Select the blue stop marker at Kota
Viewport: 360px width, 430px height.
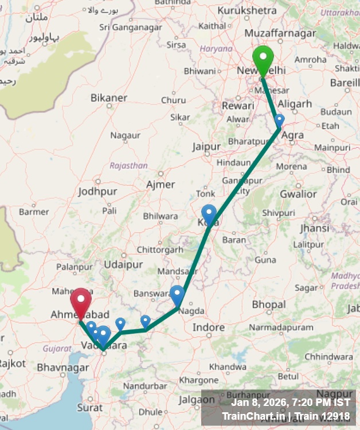pyautogui.click(x=209, y=213)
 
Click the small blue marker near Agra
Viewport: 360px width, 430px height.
pyautogui.click(x=279, y=120)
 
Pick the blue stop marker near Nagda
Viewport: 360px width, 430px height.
pyautogui.click(x=177, y=294)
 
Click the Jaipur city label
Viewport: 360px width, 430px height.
pyautogui.click(x=206, y=147)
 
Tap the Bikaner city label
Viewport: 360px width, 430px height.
pyautogui.click(x=109, y=98)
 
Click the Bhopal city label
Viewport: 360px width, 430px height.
pyautogui.click(x=269, y=303)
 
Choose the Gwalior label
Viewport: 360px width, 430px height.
pyautogui.click(x=298, y=194)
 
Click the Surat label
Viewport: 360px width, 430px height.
pyautogui.click(x=89, y=408)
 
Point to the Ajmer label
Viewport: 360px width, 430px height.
pyautogui.click(x=161, y=185)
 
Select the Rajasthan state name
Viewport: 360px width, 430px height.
pyautogui.click(x=128, y=166)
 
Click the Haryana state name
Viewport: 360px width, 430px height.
pyautogui.click(x=216, y=49)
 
